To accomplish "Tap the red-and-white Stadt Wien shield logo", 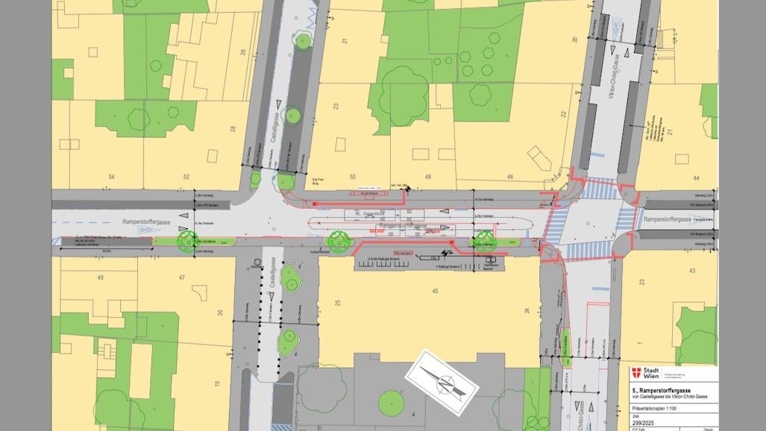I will pyautogui.click(x=636, y=373).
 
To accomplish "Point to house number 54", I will pyautogui.click(x=113, y=177).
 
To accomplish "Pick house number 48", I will pyautogui.click(x=427, y=177).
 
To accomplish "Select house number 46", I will pyautogui.click(x=510, y=177).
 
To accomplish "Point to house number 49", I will pyautogui.click(x=99, y=277).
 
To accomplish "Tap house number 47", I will pyautogui.click(x=180, y=277).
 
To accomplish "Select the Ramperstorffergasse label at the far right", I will pyautogui.click(x=668, y=220).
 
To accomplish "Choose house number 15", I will pyautogui.click(x=217, y=385).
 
